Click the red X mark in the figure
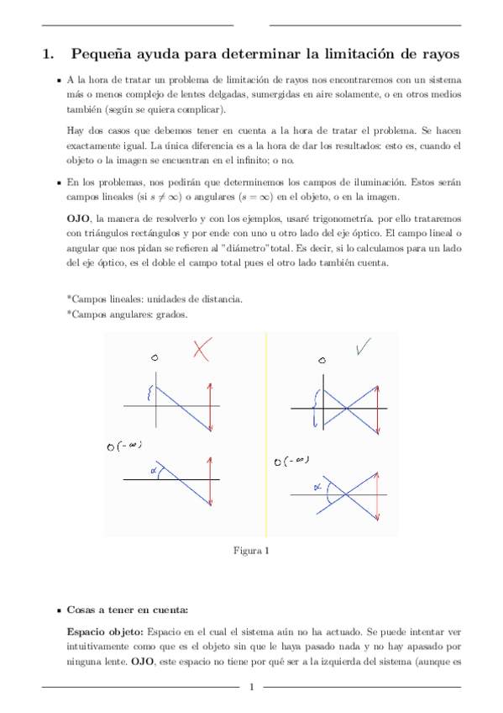(201, 349)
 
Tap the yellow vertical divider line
(265, 433)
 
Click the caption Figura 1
(250, 552)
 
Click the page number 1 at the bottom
(251, 689)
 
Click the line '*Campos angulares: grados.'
(126, 314)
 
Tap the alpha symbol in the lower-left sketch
(154, 472)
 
